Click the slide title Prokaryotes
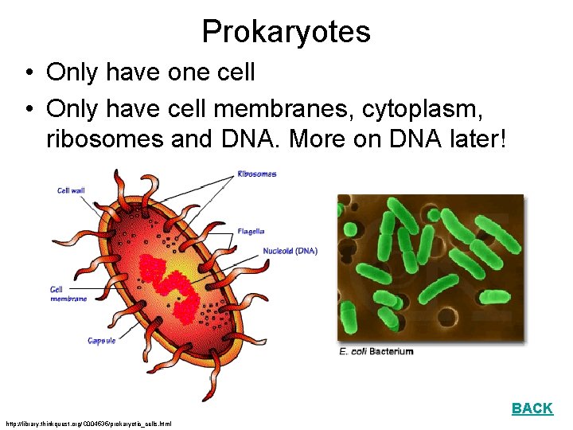click(x=286, y=32)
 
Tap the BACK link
click(x=532, y=408)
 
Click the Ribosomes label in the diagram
click(x=257, y=174)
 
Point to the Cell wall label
click(x=71, y=190)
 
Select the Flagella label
click(x=251, y=232)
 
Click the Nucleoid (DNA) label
click(x=290, y=251)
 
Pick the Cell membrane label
click(x=68, y=294)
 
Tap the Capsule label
click(x=102, y=341)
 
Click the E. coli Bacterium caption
click(x=376, y=351)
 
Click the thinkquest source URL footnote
click(x=88, y=423)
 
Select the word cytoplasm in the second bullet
click(x=423, y=106)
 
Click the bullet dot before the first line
click(x=28, y=73)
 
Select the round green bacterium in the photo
click(x=349, y=230)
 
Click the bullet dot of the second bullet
click(x=28, y=107)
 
